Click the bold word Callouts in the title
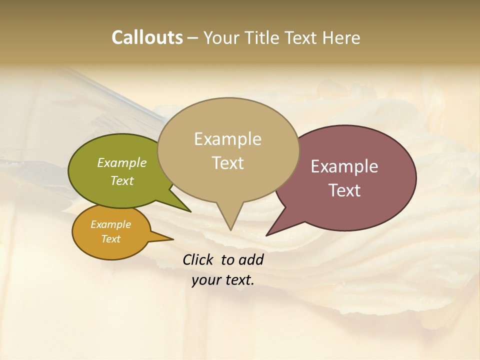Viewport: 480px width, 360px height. [x=147, y=37]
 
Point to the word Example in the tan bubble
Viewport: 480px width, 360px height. [x=227, y=139]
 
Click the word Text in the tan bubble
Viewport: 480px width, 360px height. [x=227, y=163]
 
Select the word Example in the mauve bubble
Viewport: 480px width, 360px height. [x=344, y=166]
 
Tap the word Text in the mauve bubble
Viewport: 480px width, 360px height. [x=344, y=190]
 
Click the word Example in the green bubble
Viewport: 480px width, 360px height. [x=122, y=162]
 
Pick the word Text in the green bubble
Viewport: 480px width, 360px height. [x=122, y=180]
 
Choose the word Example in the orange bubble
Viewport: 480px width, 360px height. [x=110, y=224]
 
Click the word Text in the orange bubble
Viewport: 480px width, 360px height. [x=110, y=239]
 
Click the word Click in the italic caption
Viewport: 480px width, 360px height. [x=199, y=259]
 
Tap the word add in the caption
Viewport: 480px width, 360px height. [x=250, y=259]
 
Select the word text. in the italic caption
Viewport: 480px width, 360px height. [x=237, y=280]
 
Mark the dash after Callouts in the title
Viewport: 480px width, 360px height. [x=193, y=37]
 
